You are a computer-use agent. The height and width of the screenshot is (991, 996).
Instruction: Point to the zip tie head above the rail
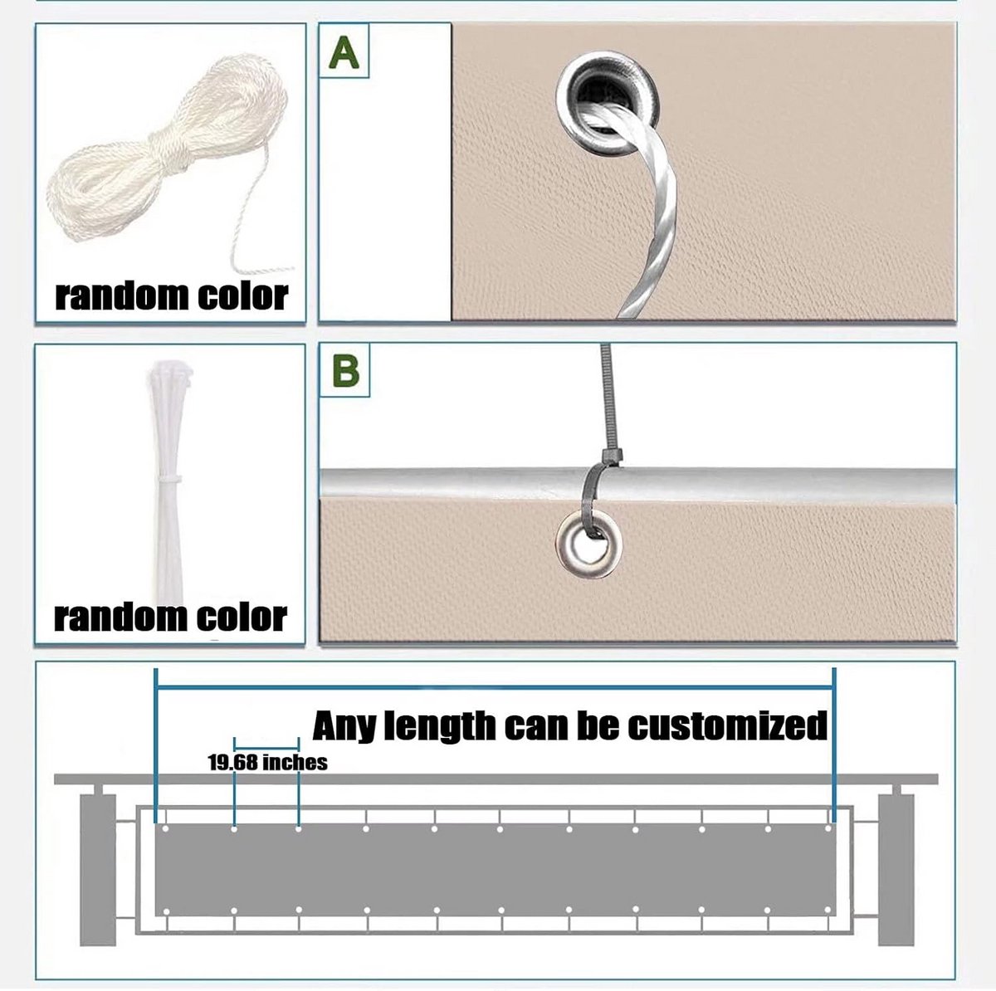[612, 456]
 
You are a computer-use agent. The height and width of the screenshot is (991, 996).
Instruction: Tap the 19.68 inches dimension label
[268, 763]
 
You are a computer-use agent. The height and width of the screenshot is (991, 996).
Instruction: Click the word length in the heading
[441, 726]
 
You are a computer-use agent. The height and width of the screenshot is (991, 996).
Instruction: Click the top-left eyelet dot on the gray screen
[166, 828]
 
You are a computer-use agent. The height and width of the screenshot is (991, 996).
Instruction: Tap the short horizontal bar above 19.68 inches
[266, 748]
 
